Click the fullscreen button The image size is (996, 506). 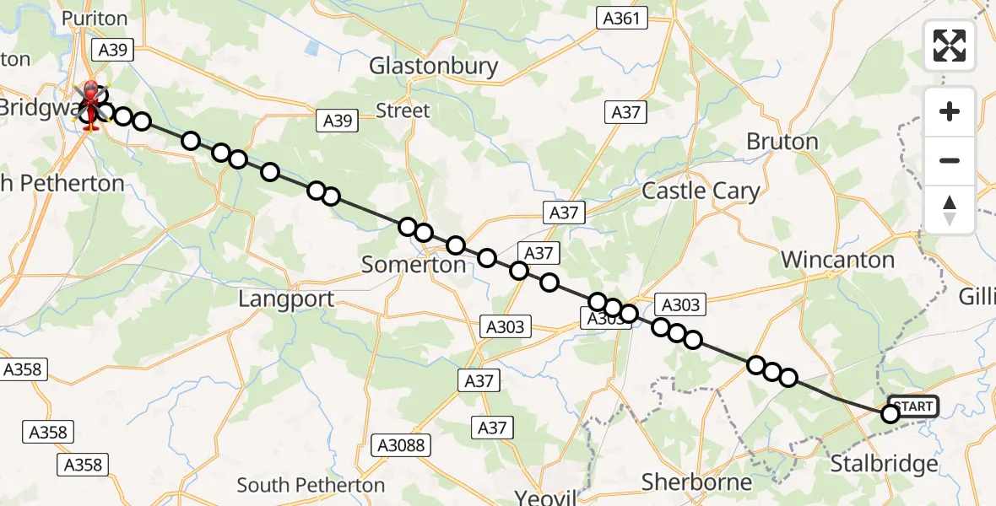click(950, 45)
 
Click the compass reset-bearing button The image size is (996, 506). click(950, 210)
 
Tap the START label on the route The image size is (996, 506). click(913, 406)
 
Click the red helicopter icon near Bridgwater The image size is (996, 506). click(89, 105)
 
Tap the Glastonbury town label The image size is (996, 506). click(434, 66)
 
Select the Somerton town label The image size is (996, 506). click(414, 264)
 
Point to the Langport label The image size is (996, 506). click(286, 299)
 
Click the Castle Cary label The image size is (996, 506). click(701, 191)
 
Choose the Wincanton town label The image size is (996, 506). click(837, 260)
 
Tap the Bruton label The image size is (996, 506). click(782, 142)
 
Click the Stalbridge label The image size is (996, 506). click(884, 463)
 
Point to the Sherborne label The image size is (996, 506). click(696, 482)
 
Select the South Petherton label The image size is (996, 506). click(311, 485)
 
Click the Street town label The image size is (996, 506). click(403, 110)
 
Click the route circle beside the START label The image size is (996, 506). click(890, 413)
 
